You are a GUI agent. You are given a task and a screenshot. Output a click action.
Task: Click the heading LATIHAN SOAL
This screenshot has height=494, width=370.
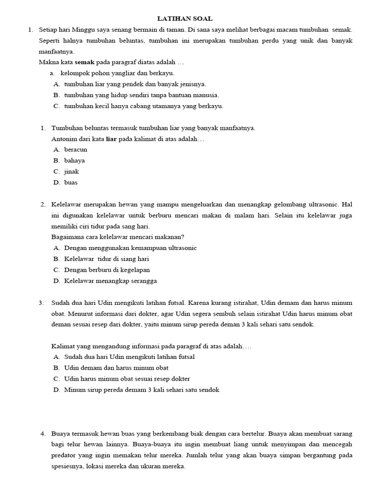pyautogui.click(x=185, y=18)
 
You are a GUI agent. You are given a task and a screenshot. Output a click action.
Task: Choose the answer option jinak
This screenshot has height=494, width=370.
pyautogui.click(x=71, y=172)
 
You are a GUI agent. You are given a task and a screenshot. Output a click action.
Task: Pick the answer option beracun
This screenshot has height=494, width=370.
pyautogui.click(x=76, y=150)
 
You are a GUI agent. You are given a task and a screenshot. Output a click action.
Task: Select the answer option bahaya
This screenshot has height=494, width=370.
pyautogui.click(x=74, y=161)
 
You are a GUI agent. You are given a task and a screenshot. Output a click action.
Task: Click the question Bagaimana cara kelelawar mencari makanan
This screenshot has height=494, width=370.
pyautogui.click(x=118, y=237)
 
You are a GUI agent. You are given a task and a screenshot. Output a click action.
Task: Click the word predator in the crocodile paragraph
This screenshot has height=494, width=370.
pyautogui.click(x=65, y=455)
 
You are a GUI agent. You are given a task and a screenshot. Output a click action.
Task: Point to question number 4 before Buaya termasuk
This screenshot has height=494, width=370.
pyautogui.click(x=43, y=434)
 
